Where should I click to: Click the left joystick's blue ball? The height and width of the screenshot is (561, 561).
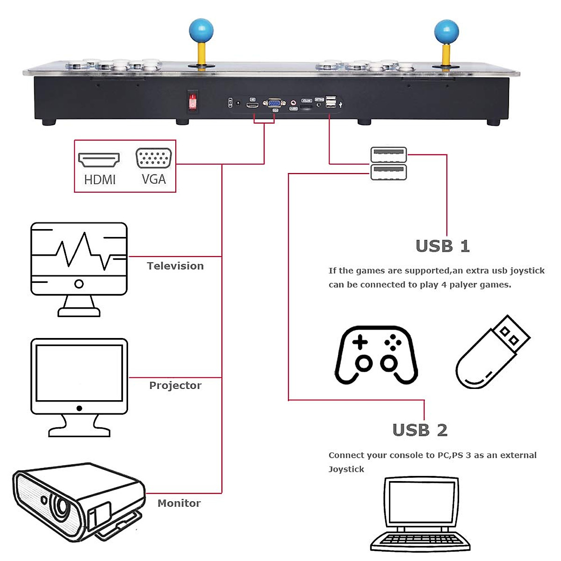tap(201, 30)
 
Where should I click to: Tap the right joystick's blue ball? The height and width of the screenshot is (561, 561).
tap(446, 31)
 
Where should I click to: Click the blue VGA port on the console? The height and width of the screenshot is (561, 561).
tap(274, 104)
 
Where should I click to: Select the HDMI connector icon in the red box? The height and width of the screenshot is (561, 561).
tap(99, 160)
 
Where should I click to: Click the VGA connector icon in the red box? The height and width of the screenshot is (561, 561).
tap(153, 158)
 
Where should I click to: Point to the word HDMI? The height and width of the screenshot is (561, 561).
tap(100, 180)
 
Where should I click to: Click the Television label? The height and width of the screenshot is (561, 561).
tap(175, 266)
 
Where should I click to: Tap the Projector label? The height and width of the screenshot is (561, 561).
tap(175, 386)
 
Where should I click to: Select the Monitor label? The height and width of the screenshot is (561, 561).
tap(179, 503)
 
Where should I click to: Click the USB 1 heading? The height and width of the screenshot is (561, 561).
tap(442, 246)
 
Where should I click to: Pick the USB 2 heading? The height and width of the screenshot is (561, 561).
tap(420, 430)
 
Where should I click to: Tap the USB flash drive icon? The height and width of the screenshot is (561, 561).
tap(492, 352)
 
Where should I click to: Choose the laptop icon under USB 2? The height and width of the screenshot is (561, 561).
tap(420, 514)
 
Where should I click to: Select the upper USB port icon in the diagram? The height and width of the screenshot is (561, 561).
tap(388, 154)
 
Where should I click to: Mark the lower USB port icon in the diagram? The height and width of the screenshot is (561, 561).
tap(388, 172)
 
